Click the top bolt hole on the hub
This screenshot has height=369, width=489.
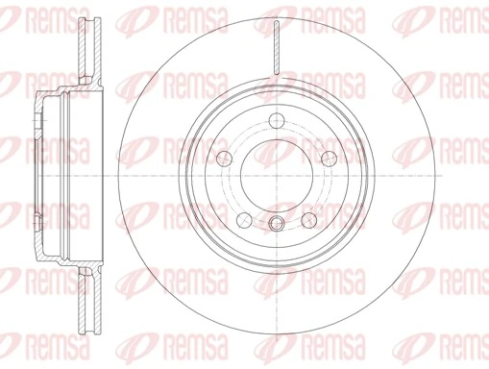[x=276, y=121]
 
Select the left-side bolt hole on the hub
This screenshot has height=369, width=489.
[x=226, y=158]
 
